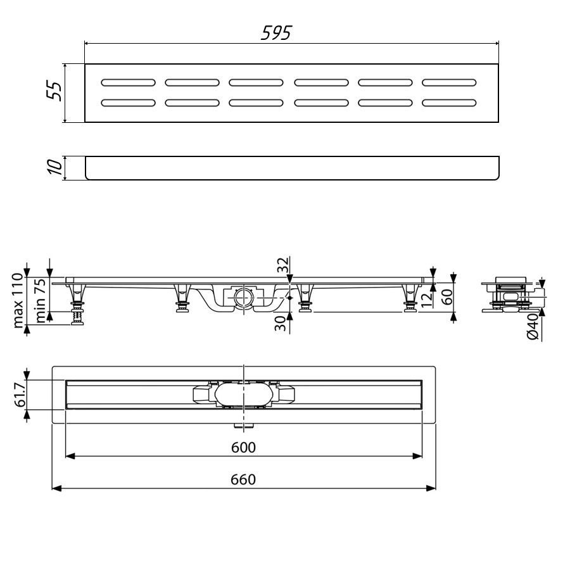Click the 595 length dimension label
coord(276,33)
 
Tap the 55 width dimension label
coord(54,91)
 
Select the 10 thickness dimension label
coord(54,167)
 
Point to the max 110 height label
coord(18,301)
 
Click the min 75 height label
coord(41,301)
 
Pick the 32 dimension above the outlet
coord(282,265)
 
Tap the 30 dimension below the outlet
coord(280,324)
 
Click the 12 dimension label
coord(427,299)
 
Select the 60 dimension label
coord(446,297)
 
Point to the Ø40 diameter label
coord(533,326)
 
